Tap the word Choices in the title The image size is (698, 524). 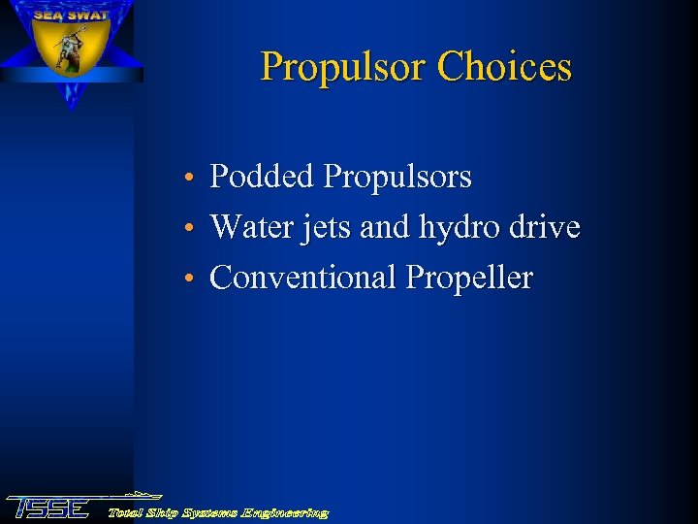click(x=504, y=68)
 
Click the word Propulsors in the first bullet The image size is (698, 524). click(x=397, y=177)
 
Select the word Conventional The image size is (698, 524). click(x=303, y=278)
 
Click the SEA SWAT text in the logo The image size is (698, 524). click(x=70, y=16)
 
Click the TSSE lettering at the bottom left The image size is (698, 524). click(x=48, y=508)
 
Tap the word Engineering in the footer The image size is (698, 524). click(x=287, y=512)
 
